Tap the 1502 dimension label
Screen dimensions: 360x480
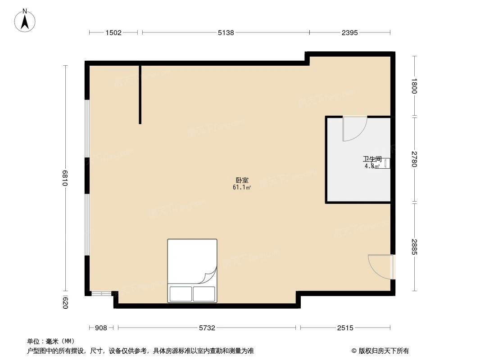coord(113,32)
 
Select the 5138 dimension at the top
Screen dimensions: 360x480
coord(226,32)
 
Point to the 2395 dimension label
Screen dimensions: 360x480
coord(349,32)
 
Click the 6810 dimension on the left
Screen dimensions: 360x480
coord(65,178)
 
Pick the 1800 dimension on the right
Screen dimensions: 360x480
coord(415,86)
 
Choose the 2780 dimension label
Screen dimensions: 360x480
coord(415,159)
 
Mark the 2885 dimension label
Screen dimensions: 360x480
coord(415,247)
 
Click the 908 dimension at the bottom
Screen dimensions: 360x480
coord(101,328)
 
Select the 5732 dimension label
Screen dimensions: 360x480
coord(207,328)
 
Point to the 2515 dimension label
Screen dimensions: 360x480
coord(345,328)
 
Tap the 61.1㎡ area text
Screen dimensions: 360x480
coord(241,187)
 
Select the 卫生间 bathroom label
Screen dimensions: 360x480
coord(372,159)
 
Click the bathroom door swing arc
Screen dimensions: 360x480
coord(354,130)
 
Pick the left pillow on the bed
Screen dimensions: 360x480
coord(180,294)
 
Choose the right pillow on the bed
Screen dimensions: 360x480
coord(204,294)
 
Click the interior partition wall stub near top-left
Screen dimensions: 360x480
coord(140,94)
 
